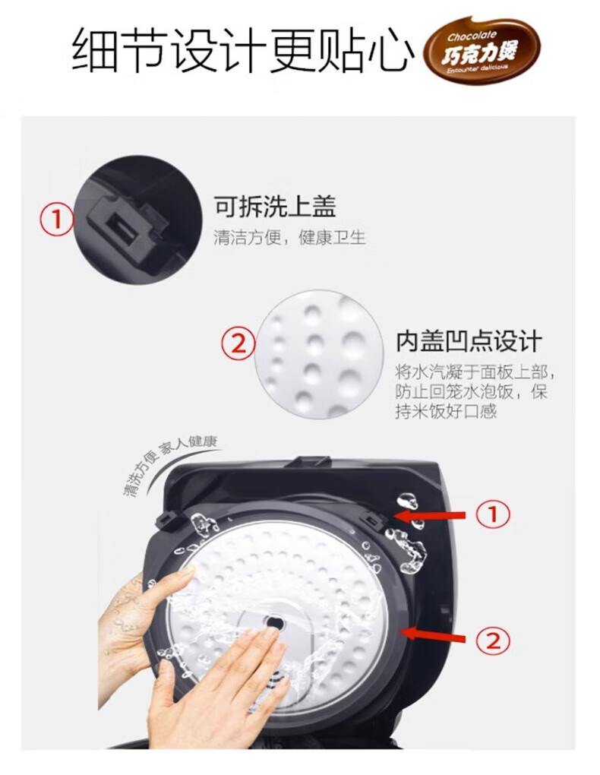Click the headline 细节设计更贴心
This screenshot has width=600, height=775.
click(242, 50)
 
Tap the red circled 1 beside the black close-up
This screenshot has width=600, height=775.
click(57, 219)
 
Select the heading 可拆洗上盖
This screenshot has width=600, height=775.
click(275, 206)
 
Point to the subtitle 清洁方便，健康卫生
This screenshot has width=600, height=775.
click(289, 238)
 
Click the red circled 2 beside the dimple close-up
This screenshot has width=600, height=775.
click(238, 343)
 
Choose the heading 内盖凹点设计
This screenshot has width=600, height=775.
click(469, 342)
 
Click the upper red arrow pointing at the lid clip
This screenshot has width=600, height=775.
click(430, 515)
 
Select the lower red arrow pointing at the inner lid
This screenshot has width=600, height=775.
click(433, 636)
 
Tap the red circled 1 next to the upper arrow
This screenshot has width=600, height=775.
click(492, 514)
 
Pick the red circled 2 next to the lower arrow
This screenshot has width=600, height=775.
click(492, 641)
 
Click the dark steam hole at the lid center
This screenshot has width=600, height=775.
click(273, 623)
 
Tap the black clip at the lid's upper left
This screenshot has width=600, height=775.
click(169, 520)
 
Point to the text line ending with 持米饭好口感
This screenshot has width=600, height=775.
click(445, 411)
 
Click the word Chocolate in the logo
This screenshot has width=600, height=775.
click(471, 36)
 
